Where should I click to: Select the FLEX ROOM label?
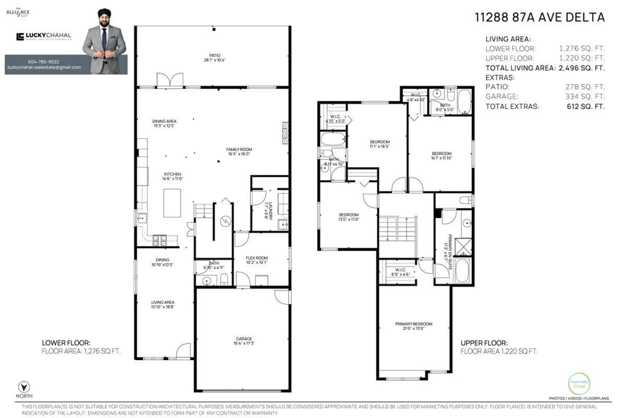coord(257,258)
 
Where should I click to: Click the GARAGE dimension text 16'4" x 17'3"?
coord(244,343)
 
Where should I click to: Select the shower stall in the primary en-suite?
coord(463,247)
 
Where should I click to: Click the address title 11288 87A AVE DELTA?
coord(539,18)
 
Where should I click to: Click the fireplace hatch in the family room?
coord(285,133)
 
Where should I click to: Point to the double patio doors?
coord(170,80)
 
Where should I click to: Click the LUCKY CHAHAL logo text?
coord(48,35)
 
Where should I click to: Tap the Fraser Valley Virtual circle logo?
coord(579,384)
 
